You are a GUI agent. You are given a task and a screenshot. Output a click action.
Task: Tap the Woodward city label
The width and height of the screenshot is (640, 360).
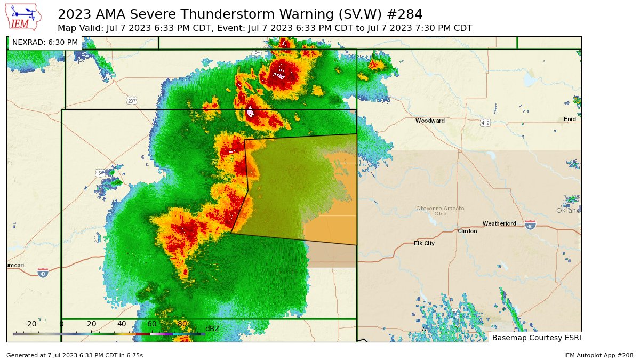[430, 121]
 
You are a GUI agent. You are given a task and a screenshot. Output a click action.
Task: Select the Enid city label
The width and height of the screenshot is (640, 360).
[570, 119]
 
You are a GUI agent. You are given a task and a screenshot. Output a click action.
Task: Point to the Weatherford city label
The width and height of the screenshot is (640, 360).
[499, 223]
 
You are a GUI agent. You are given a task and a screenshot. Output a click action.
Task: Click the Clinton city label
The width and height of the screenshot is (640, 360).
[467, 231]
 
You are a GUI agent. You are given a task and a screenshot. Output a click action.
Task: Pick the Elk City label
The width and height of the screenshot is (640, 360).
[424, 243]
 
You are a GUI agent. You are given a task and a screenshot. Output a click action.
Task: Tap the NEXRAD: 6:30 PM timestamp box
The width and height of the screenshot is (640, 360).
[45, 42]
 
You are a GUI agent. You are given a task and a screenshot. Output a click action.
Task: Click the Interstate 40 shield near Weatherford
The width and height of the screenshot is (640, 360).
[530, 225]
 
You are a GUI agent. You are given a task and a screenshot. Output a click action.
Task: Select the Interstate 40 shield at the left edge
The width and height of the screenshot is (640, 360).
[43, 273]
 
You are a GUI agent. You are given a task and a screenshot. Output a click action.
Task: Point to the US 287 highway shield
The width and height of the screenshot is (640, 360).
[132, 100]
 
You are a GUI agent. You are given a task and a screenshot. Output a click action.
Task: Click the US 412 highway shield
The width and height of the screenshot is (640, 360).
[485, 123]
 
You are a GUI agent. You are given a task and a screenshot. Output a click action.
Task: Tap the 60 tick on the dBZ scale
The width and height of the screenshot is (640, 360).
[152, 324]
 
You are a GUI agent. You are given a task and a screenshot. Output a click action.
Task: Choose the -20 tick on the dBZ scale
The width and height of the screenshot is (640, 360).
[30, 324]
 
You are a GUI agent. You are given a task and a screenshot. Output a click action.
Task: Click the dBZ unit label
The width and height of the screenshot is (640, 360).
[212, 329]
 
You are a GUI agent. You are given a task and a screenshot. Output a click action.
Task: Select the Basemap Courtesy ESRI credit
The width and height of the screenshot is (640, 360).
[535, 338]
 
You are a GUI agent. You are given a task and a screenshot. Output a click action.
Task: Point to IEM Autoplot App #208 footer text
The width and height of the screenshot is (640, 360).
[598, 355]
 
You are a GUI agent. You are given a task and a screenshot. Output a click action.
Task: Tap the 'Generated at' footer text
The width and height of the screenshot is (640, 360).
[74, 355]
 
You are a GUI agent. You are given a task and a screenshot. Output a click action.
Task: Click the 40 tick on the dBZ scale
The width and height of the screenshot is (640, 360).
[122, 324]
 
